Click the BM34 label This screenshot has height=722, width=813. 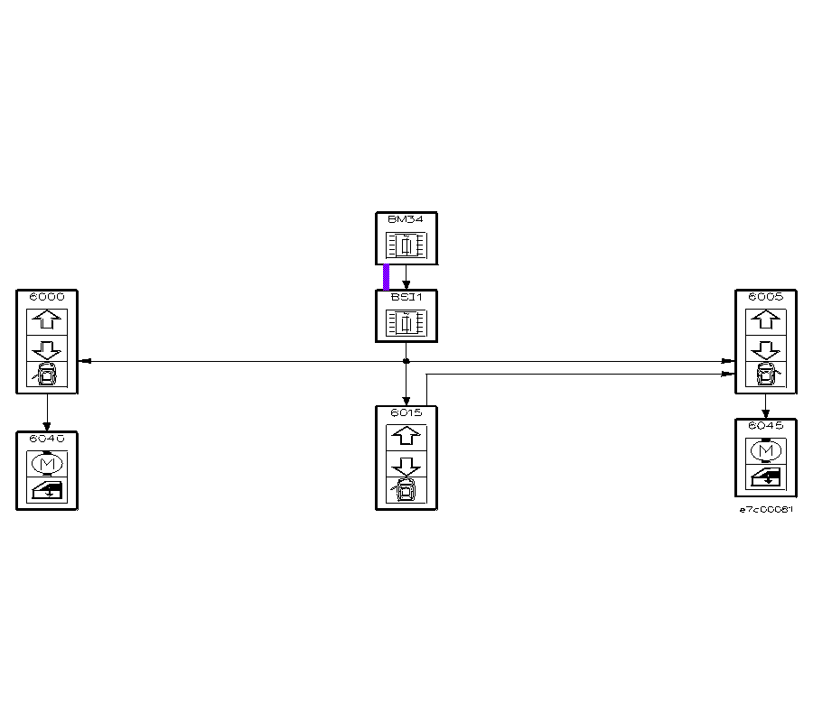(x=406, y=218)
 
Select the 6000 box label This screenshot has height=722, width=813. (x=47, y=296)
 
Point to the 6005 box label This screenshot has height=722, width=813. (x=765, y=296)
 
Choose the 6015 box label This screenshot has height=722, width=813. (x=406, y=412)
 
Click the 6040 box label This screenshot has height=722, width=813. (x=47, y=438)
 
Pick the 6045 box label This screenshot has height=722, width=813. (x=765, y=425)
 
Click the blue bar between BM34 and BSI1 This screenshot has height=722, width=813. (x=387, y=277)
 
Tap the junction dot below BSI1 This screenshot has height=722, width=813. (x=406, y=361)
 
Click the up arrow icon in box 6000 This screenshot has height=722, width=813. (x=47, y=321)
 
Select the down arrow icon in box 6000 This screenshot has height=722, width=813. (x=47, y=348)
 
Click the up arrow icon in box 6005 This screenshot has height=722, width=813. (x=765, y=321)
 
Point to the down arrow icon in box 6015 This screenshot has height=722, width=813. (x=406, y=466)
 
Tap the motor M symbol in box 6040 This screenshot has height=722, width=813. (x=47, y=463)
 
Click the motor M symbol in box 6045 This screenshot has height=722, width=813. (x=765, y=450)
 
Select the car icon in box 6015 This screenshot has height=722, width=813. (x=406, y=491)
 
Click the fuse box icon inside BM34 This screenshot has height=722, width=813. (x=406, y=245)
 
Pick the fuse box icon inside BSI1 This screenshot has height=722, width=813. (x=406, y=322)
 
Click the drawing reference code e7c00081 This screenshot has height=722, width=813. (x=766, y=510)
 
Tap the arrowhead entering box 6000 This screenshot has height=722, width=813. (x=84, y=361)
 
